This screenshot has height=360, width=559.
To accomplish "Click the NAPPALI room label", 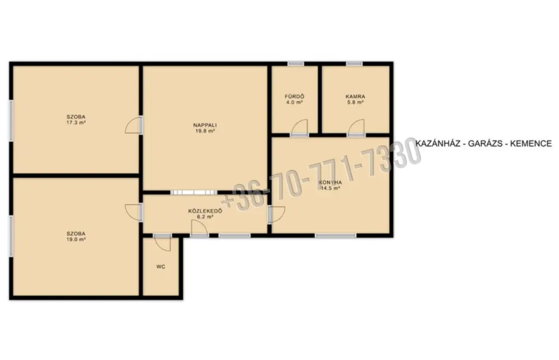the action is (x=205, y=125).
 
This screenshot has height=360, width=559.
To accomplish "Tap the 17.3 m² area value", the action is (x=76, y=122).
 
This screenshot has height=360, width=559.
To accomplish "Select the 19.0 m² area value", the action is (x=76, y=239).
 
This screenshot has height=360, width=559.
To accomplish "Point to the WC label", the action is (x=161, y=267).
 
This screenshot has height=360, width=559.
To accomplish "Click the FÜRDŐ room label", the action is (x=295, y=96).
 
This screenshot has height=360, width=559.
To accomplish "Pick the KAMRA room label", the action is (x=356, y=96).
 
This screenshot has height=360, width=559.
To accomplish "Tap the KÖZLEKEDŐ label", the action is (x=205, y=211).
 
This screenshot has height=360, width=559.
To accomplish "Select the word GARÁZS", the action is (x=485, y=144).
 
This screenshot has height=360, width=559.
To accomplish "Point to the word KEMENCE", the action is (x=531, y=144).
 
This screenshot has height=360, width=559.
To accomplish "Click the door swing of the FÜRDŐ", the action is (x=300, y=127).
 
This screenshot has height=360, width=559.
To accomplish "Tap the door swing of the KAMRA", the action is (x=356, y=127).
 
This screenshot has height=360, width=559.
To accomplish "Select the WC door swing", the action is (x=162, y=243).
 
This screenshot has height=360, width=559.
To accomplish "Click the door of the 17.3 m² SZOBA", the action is (x=134, y=125).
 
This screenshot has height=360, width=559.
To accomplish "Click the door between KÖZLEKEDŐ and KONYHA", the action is (x=277, y=215).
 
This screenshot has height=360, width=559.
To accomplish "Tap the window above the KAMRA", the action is (x=354, y=64).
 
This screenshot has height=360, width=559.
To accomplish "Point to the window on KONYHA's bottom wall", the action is (x=335, y=235).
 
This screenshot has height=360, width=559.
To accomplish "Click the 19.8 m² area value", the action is (x=205, y=131).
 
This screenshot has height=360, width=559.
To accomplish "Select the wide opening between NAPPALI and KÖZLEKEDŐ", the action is (x=193, y=192).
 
